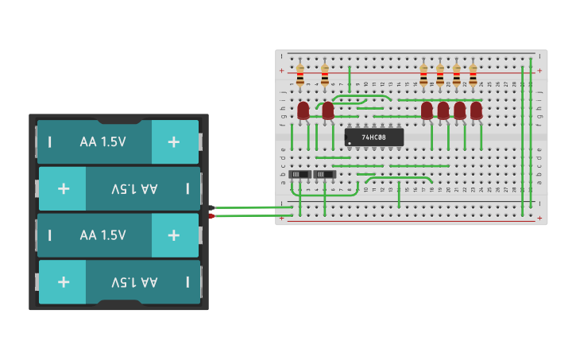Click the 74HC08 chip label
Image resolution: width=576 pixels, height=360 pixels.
[373, 137]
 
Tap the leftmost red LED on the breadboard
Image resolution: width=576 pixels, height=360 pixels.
[303, 110]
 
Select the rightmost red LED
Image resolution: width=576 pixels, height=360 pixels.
[476, 110]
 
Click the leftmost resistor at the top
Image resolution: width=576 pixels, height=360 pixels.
[300, 75]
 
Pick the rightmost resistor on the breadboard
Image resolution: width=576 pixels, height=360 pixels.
[473, 75]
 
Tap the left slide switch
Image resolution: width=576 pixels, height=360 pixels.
[299, 174]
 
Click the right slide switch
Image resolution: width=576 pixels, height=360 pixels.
[324, 174]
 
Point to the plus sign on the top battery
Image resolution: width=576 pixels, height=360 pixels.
[173, 141]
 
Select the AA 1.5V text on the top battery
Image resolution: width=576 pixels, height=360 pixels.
[102, 141]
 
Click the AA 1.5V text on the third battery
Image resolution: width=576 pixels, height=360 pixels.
[102, 235]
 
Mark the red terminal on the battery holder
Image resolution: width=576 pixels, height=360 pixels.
[211, 215]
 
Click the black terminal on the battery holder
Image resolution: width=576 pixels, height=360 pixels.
[211, 208]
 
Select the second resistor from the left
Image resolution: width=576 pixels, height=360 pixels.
[325, 75]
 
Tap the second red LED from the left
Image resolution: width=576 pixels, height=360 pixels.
[328, 110]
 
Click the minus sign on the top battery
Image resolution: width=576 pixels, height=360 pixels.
[50, 141]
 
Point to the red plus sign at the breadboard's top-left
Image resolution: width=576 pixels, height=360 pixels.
[282, 71]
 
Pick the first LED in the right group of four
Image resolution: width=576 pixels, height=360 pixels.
[427, 110]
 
